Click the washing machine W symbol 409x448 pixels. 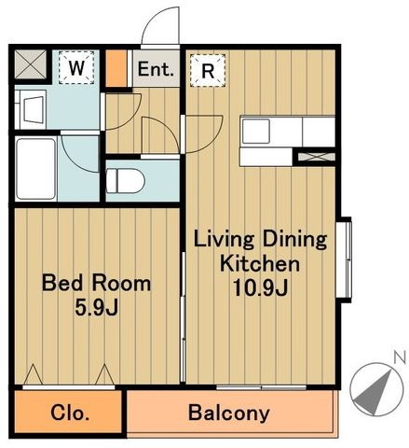(x=76, y=67)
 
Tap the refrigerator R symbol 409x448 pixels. (x=208, y=71)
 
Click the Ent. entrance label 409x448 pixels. (x=156, y=69)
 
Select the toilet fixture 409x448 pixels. (x=125, y=181)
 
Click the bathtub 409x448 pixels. (x=35, y=169)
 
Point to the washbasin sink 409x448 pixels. (x=31, y=109)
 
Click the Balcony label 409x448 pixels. (x=229, y=413)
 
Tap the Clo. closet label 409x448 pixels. (x=70, y=413)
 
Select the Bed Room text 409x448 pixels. (x=96, y=284)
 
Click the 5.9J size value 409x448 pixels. (x=96, y=308)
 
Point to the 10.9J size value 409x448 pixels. (x=260, y=287)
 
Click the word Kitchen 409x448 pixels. (x=260, y=263)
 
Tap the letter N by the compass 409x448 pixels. (x=400, y=357)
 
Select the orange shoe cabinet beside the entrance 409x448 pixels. (x=116, y=68)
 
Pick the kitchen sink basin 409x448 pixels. (x=256, y=132)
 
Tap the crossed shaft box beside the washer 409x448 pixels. (x=31, y=64)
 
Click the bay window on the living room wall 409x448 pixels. (x=345, y=259)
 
